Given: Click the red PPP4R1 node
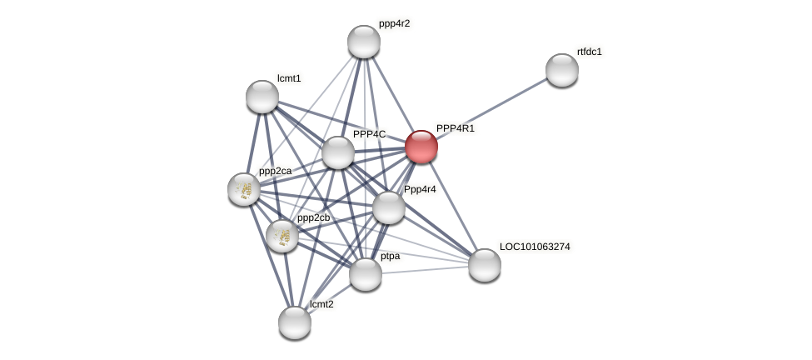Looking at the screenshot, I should pos(421,147).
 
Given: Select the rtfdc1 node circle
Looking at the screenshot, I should pos(562,70).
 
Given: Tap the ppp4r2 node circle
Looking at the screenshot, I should pos(364,42).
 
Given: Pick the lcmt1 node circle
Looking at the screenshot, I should pos(262,97).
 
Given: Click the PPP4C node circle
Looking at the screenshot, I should pos(338,152).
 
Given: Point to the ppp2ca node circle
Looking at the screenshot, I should pos(244,189).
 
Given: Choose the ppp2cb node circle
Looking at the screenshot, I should pos(282,236).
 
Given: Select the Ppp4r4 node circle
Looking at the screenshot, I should pos(389,207).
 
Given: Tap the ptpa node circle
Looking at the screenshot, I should pos(366,274).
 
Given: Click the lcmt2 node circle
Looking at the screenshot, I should pos(295,322).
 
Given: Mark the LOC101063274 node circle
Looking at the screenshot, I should pos(485,265).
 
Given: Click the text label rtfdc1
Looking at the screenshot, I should pos(589,52).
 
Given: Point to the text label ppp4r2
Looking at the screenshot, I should pos(394,23).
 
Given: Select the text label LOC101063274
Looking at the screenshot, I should pos(535,247).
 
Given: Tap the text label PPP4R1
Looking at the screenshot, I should pos(455,128).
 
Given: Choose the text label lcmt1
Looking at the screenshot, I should pos(289,78).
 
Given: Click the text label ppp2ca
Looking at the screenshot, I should pos(275,171).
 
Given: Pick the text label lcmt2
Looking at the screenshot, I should pos(321,304).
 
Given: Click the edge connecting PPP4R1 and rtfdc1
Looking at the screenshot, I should pos(491,108).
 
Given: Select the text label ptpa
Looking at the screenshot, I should pos(390,256).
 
